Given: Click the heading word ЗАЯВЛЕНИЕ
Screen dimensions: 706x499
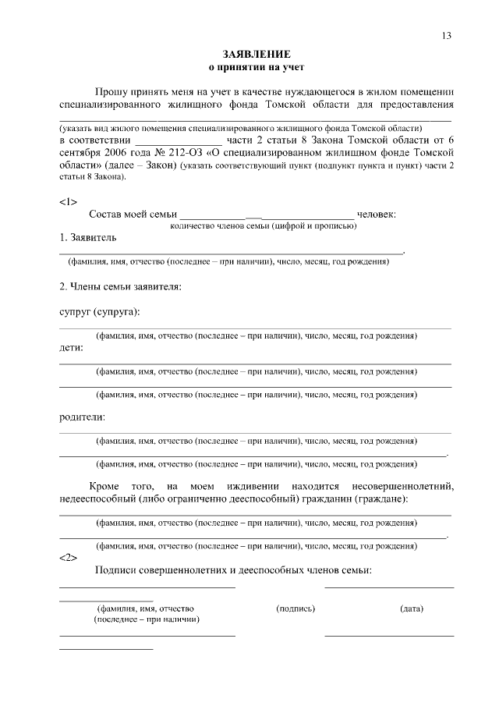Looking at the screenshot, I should pos(257,55).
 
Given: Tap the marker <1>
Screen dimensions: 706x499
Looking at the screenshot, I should pos(68,201).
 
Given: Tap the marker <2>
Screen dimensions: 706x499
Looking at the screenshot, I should pos(68,558).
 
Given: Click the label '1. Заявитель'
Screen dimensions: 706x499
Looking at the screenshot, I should pos(88,236).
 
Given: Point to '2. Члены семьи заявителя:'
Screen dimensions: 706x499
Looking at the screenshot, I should pos(121,287).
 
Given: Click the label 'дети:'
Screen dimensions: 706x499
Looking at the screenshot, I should pos(72,348).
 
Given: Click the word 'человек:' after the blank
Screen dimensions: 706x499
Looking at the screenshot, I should pos(377,214).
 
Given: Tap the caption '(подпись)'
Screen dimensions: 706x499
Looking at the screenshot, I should pos(296,608).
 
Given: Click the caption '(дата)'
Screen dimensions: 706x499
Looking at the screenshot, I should pos(412,608).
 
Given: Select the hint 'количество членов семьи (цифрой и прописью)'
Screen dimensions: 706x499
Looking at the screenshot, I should pos(264,225).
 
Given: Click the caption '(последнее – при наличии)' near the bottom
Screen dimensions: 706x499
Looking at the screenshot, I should pos(146,619).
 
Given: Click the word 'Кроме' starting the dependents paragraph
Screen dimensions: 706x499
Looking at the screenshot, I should pos(104,487).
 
